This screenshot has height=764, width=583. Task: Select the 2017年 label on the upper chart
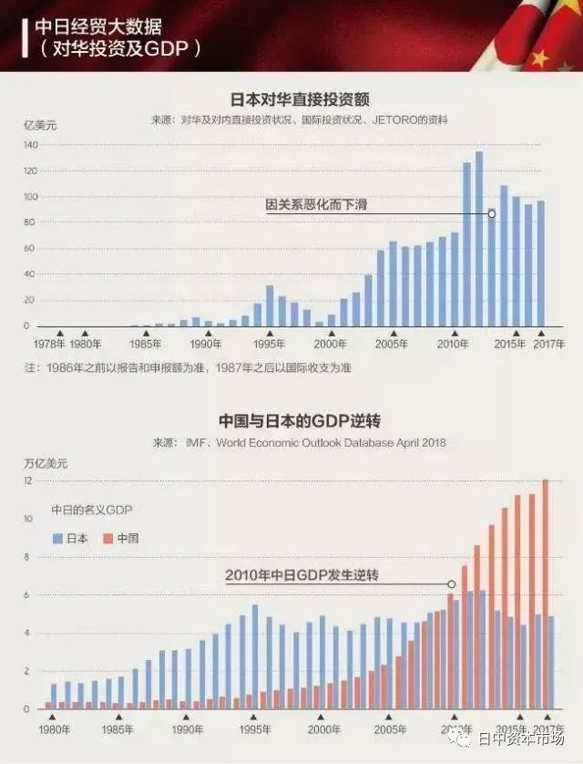point(548,345)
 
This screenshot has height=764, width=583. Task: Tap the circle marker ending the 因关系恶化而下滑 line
point(492,214)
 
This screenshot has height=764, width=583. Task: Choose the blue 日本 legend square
point(58,539)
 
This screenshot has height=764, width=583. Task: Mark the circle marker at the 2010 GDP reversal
point(451,584)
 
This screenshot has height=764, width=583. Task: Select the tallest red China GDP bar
point(546,593)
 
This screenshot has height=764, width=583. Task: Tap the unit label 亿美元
point(40,126)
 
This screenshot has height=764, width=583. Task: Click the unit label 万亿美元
point(46,463)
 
